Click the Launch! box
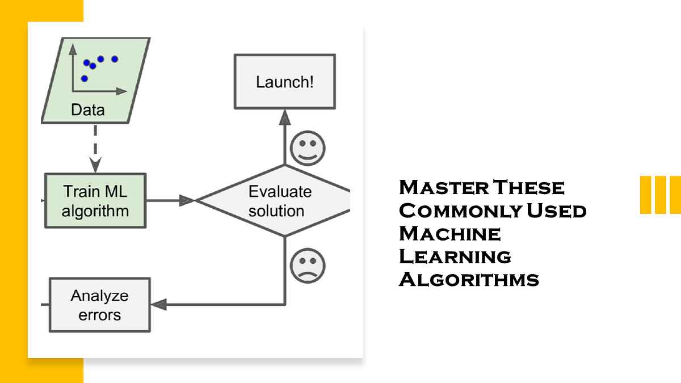point(285,82)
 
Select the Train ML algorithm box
point(95,201)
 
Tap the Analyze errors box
point(100,305)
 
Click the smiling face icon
point(308,148)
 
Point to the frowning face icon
point(308,266)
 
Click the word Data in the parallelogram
point(88,110)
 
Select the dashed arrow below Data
point(95,149)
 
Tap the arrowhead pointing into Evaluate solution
point(187,201)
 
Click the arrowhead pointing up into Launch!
point(285,117)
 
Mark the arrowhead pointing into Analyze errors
point(159,305)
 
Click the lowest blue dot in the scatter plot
point(85,79)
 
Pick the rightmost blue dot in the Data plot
point(115,59)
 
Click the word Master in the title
point(444,187)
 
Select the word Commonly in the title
point(461,211)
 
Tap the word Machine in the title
point(449,234)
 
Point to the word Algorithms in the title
point(469,280)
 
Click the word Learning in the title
point(455,256)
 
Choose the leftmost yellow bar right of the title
point(645,195)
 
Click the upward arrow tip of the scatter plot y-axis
point(73,44)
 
